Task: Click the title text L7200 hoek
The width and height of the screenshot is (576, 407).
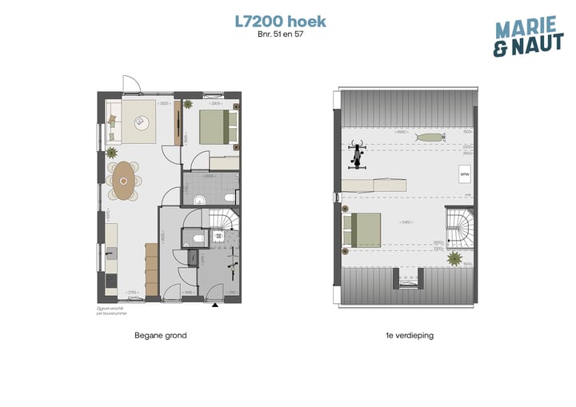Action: (281, 21)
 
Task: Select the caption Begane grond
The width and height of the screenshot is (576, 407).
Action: (161, 336)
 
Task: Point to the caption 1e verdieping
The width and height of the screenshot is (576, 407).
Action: (408, 336)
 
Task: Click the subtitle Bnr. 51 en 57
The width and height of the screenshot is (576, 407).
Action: (281, 34)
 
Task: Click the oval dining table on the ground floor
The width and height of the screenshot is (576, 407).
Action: (125, 181)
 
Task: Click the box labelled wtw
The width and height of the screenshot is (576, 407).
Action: (464, 173)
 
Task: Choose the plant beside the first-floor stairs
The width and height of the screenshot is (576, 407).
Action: (454, 258)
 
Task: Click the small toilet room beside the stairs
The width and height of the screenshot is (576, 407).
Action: (194, 237)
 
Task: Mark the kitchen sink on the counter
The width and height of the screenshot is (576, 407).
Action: (110, 254)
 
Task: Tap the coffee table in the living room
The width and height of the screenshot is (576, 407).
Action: (144, 122)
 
